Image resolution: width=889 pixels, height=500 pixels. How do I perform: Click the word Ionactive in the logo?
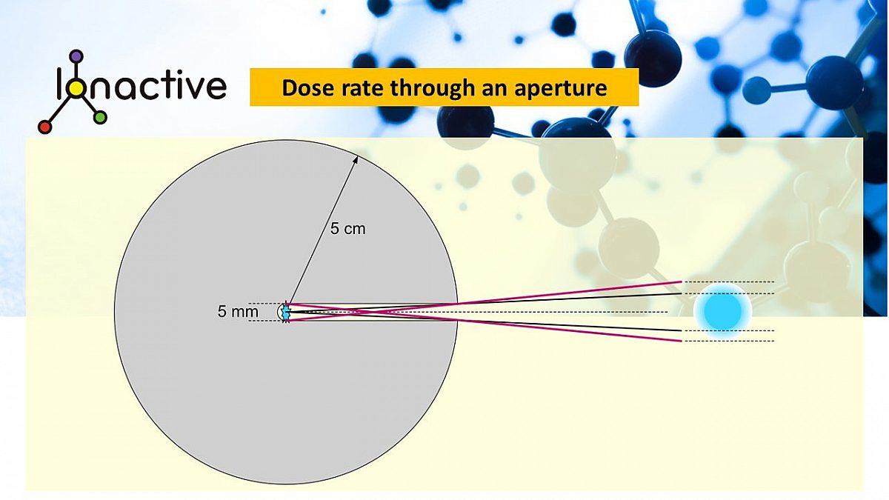[x=141, y=86]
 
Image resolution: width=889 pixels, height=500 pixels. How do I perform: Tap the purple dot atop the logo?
[x=76, y=56]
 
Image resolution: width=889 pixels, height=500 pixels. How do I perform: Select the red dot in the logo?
[x=44, y=127]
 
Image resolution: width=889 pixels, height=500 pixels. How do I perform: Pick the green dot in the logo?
[x=101, y=117]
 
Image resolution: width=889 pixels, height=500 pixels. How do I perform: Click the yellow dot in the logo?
[x=76, y=88]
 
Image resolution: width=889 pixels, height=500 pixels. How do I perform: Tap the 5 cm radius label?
[x=347, y=229]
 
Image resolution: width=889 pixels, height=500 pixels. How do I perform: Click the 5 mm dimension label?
[x=238, y=312]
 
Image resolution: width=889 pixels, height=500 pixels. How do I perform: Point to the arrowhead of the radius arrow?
[x=356, y=157]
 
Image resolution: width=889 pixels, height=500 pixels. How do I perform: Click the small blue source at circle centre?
[x=286, y=312]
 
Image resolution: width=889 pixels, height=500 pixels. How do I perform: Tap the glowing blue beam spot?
[x=722, y=310]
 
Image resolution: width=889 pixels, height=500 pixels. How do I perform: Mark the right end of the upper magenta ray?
[x=681, y=281]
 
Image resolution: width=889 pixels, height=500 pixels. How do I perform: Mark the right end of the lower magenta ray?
[x=681, y=341]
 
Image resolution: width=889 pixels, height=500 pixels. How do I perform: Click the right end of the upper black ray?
[x=681, y=293]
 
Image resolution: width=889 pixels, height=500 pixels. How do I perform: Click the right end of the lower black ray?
[x=681, y=330]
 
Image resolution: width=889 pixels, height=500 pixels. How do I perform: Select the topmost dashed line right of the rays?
[x=730, y=281]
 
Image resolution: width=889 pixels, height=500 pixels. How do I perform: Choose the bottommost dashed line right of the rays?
[x=730, y=341]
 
